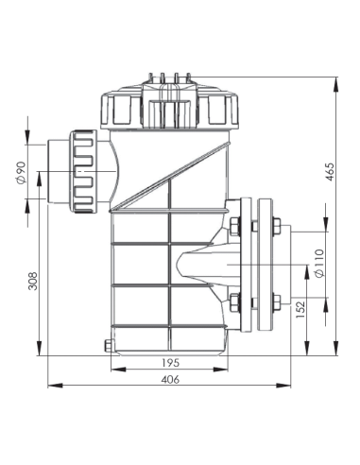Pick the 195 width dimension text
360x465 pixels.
[169, 363]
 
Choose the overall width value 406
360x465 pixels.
[169, 379]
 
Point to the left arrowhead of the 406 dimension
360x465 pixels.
[51, 386]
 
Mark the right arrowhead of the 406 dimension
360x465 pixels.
[289, 386]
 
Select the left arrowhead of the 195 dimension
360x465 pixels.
[112, 370]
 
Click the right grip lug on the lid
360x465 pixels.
[222, 111]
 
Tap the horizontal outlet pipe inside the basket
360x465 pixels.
[203, 265]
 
